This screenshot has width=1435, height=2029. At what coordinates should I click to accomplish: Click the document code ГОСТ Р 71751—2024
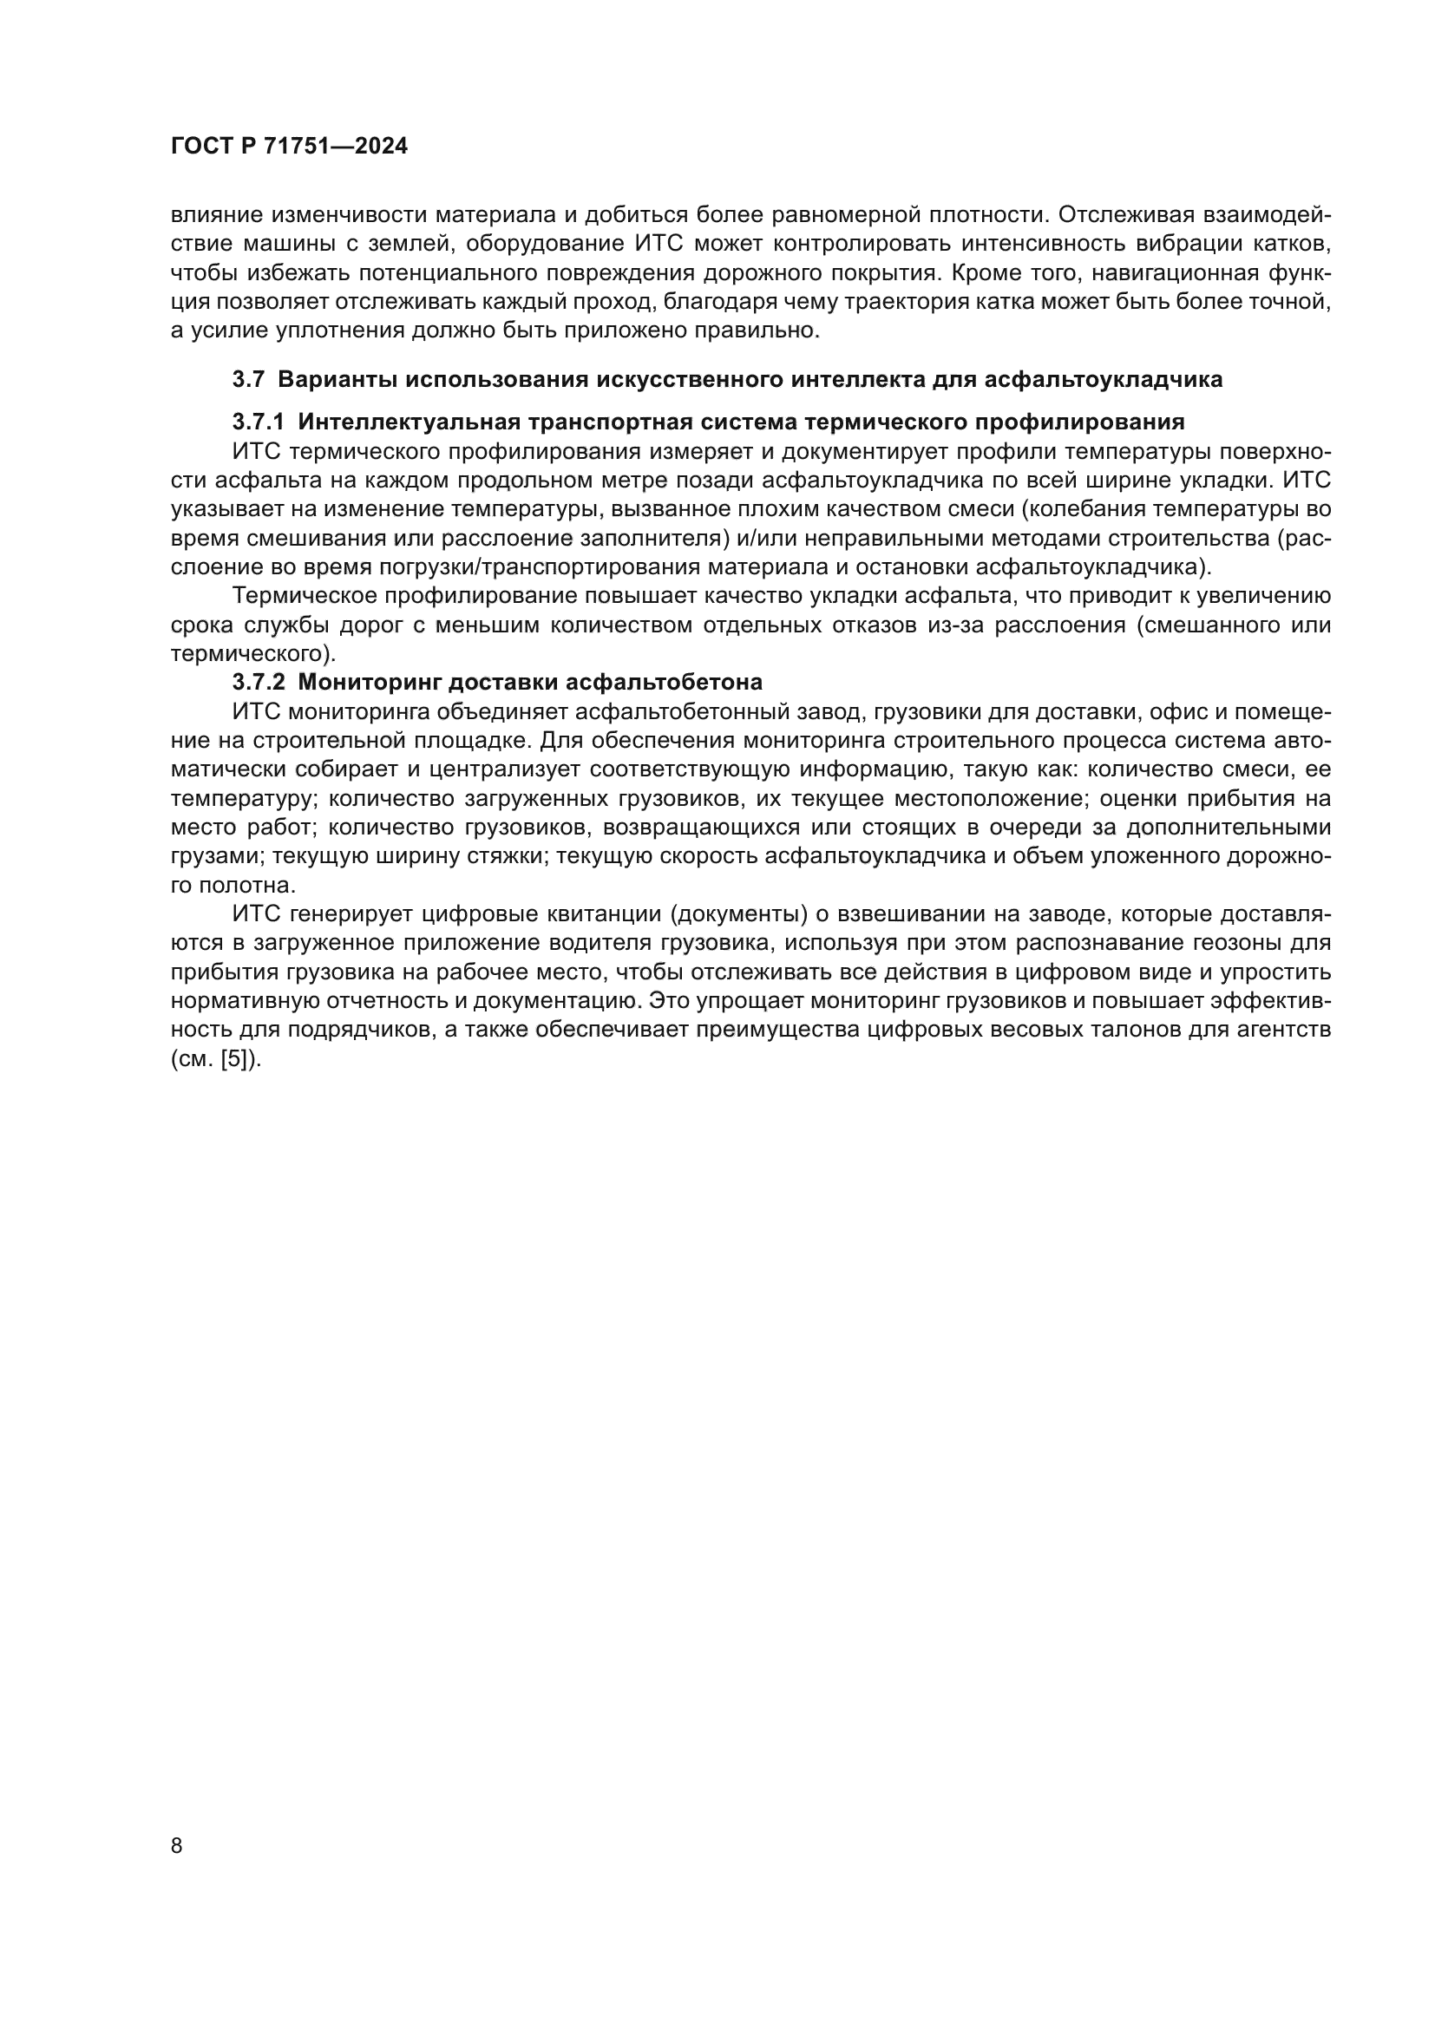point(289,147)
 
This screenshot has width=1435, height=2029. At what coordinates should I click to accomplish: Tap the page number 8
point(177,1845)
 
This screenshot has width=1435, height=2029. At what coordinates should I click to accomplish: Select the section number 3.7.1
point(258,422)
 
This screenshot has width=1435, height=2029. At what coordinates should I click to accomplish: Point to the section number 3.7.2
point(258,682)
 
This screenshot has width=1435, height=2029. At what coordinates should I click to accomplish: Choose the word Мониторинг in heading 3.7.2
point(368,682)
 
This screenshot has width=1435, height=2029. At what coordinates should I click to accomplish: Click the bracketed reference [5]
point(234,1058)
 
